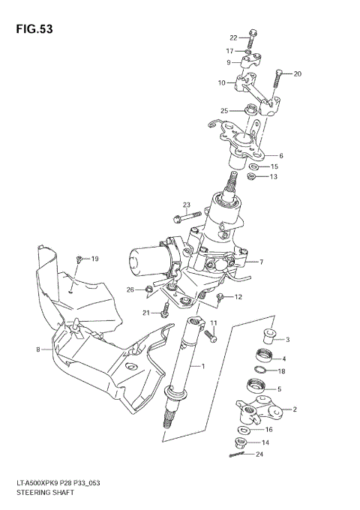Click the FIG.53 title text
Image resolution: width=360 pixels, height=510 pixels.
point(32,29)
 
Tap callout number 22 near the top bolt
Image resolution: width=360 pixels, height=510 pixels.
point(232,37)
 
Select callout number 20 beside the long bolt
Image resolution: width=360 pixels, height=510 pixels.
point(297,73)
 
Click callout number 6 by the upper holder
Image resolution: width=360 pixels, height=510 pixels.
point(280,156)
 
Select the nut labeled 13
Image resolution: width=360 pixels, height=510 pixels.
point(253,178)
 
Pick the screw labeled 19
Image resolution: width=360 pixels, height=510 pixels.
point(79,260)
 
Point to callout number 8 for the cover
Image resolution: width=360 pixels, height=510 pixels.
point(37,349)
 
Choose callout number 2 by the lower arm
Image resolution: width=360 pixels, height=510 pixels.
point(295,409)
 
